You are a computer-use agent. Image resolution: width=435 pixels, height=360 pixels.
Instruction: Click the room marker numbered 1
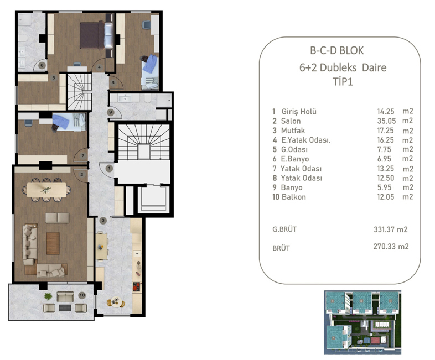tap(109, 168)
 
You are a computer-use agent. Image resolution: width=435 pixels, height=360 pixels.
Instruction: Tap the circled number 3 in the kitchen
tap(103, 220)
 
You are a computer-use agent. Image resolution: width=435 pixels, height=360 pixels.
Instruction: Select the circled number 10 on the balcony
tap(82, 295)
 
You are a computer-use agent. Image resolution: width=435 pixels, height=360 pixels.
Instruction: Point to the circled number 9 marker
tap(111, 113)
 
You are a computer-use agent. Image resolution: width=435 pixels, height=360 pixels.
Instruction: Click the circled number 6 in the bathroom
tap(42, 65)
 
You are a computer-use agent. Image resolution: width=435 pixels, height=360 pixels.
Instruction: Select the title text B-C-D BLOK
tap(336, 51)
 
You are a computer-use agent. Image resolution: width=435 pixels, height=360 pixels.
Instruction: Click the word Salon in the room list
tap(291, 121)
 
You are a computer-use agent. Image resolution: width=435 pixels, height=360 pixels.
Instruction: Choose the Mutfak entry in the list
tap(293, 130)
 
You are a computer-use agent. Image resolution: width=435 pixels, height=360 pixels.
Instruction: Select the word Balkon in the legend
tap(293, 197)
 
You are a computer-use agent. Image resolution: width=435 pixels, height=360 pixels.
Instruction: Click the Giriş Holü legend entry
tap(299, 111)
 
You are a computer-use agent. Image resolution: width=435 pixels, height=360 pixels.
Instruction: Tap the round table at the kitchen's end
tap(116, 302)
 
